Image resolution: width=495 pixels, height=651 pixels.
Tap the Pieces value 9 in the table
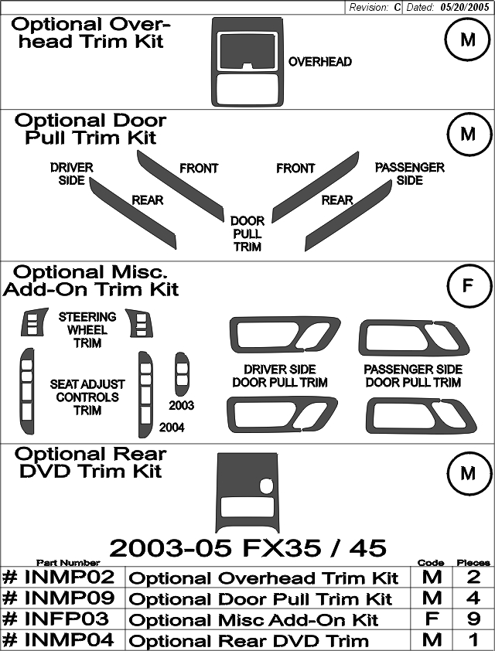coord(473,619)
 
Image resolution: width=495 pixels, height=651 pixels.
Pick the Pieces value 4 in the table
coord(473,598)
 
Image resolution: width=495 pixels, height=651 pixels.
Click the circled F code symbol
coord(468,285)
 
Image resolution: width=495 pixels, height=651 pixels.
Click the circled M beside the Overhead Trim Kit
coord(468,40)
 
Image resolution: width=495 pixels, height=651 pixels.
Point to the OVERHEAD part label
coord(320,62)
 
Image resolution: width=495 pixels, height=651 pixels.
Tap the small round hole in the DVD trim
coord(266,485)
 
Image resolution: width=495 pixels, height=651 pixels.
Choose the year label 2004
coord(172,428)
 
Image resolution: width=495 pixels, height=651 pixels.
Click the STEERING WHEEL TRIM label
coord(87,330)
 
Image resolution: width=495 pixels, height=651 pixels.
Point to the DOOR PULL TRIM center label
coord(247,233)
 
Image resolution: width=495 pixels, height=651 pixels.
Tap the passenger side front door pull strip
coord(316,186)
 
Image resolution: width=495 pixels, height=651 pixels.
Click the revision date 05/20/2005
coord(464,8)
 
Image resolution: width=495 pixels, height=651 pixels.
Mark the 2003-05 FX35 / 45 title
coord(248,547)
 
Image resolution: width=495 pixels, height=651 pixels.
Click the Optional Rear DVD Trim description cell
coord(268,640)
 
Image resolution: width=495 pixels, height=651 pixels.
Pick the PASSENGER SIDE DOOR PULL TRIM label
coord(413,376)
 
